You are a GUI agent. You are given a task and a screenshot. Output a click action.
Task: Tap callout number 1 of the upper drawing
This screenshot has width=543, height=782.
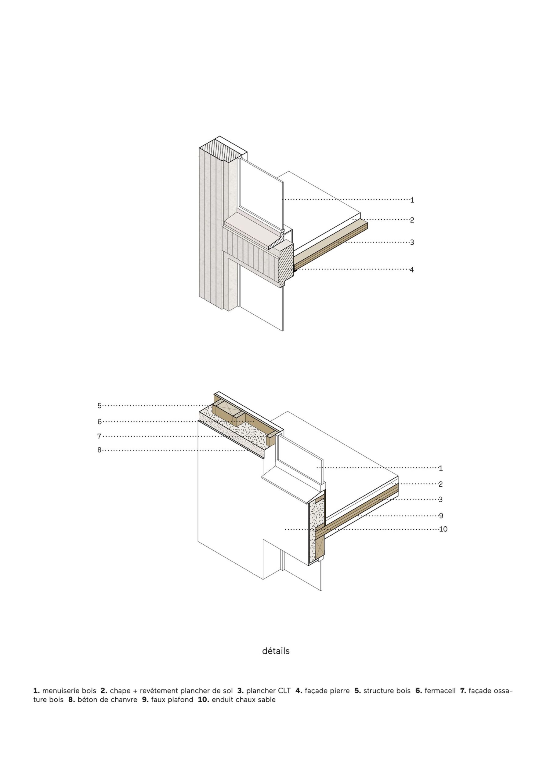point(412,200)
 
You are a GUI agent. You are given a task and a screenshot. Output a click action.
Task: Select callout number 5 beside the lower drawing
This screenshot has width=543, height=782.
point(99,405)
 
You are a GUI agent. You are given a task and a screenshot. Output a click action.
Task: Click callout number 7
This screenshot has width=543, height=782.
point(99,436)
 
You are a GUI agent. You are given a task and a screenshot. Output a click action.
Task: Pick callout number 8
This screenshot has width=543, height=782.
point(99,450)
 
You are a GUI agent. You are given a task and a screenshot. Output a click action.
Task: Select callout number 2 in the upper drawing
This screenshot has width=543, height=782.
point(412,220)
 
